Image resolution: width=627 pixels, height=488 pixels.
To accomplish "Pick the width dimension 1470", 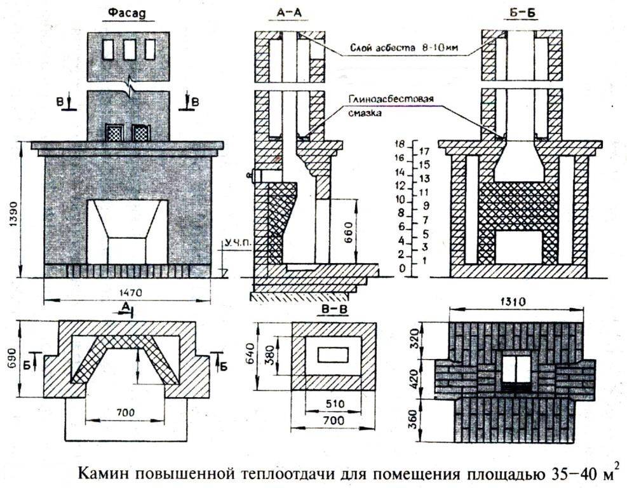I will coord(127,292).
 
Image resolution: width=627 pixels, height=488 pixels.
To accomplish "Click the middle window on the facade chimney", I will coord(128,49).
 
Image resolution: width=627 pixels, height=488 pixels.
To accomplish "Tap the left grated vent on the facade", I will coord(114,133).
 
